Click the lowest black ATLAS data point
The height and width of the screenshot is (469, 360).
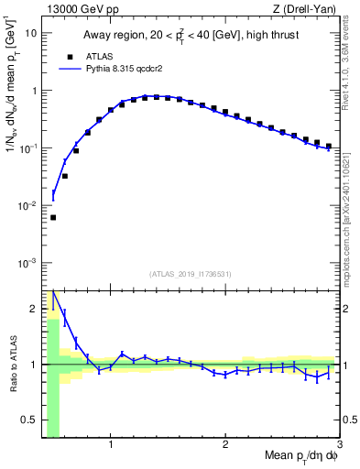coord(53,217)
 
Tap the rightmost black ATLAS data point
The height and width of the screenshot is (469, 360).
coord(329,146)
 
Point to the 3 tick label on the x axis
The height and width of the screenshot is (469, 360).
coord(339,445)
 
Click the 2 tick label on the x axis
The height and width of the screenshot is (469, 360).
coord(225,445)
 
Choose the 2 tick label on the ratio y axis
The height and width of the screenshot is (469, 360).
coord(36,308)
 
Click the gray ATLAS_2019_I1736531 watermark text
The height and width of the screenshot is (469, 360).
coord(191,274)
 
